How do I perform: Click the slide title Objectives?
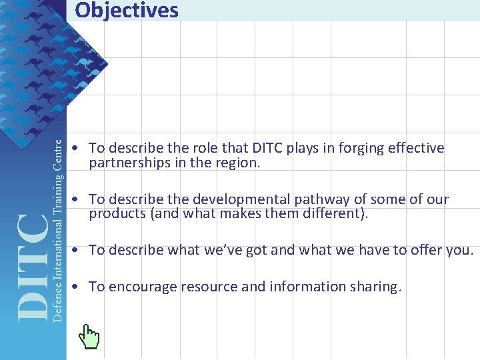(x=127, y=11)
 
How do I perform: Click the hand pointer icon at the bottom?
(x=89, y=337)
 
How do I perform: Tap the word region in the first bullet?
(x=237, y=163)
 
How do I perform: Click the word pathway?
(x=321, y=199)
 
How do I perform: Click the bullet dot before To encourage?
(x=77, y=287)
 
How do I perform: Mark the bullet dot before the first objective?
(x=77, y=148)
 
